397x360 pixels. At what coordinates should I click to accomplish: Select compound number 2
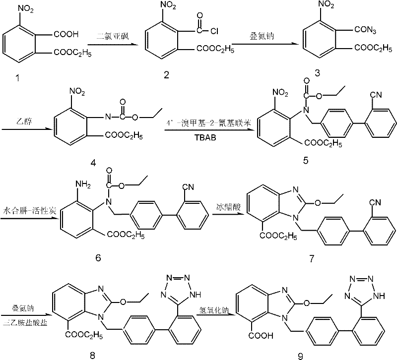point(166,74)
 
